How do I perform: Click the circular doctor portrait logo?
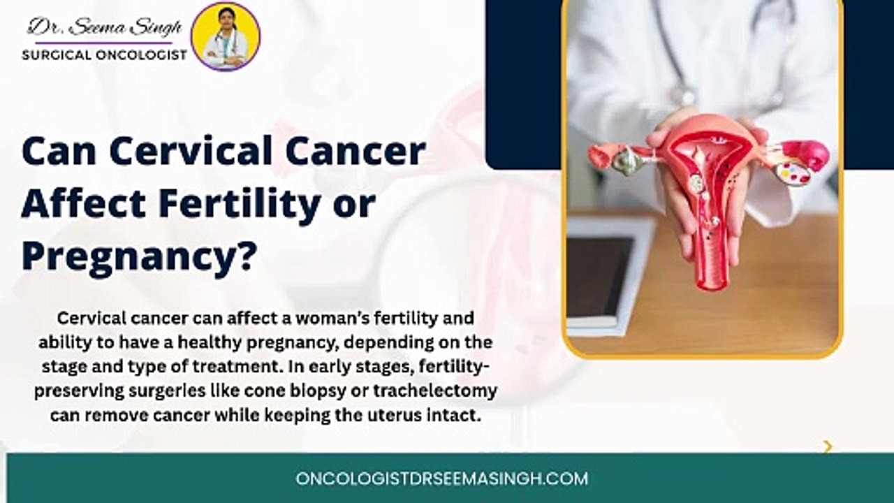click(x=226, y=37)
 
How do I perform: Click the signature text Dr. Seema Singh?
click(x=105, y=27)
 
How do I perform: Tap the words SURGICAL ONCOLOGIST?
click(x=105, y=55)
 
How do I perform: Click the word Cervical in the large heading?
click(x=191, y=151)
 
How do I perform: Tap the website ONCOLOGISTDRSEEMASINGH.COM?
click(x=442, y=479)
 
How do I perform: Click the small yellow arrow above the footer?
click(x=828, y=446)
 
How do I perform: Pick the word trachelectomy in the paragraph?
click(x=435, y=391)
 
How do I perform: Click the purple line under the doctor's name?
click(x=104, y=43)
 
